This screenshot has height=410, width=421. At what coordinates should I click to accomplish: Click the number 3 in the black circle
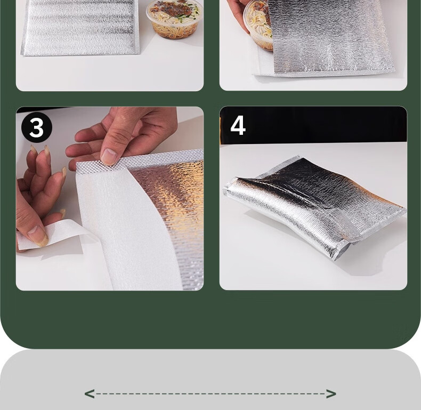tap(37, 127)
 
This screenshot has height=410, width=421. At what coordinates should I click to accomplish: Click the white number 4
tap(238, 125)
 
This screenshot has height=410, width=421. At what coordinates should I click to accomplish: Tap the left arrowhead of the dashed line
tap(90, 394)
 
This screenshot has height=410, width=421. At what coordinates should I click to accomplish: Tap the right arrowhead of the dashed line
tap(331, 394)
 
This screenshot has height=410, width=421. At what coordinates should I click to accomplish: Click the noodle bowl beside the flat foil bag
tap(174, 19)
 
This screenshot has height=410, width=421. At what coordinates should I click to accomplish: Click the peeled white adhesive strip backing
tap(54, 234)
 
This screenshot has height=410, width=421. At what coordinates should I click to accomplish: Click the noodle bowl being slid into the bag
tap(258, 26)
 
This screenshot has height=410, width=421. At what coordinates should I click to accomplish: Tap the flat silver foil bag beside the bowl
tap(80, 27)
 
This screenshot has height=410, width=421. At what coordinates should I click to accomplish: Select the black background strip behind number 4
tap(313, 125)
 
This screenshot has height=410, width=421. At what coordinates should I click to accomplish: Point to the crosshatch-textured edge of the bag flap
tap(140, 162)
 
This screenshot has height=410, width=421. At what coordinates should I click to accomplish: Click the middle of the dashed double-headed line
tap(210, 394)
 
